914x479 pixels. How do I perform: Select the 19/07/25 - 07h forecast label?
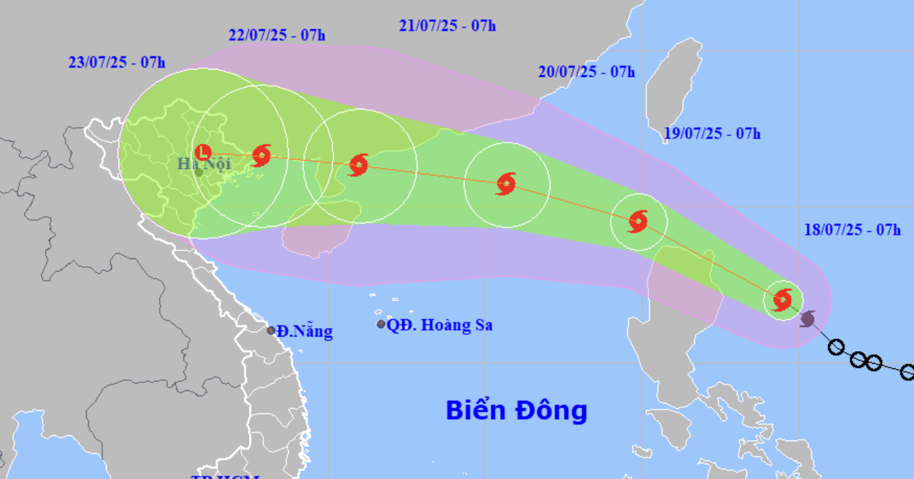point(711,134)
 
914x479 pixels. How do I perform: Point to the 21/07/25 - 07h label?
point(447,26)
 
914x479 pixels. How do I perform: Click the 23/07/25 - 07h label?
point(116,62)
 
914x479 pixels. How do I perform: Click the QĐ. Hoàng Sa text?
point(439,325)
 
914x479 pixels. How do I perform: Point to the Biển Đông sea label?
point(516,410)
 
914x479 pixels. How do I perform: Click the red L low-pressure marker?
point(203,152)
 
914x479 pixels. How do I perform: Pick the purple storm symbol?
point(808,318)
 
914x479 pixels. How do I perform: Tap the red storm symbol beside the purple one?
point(782,299)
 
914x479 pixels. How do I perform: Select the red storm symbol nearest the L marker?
point(261,155)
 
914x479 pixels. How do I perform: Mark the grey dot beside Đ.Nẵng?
point(271,331)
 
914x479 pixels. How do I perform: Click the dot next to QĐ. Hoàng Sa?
point(381,324)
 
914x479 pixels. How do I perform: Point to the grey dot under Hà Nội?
point(198,172)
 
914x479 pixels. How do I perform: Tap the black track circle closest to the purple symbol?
point(836,348)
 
